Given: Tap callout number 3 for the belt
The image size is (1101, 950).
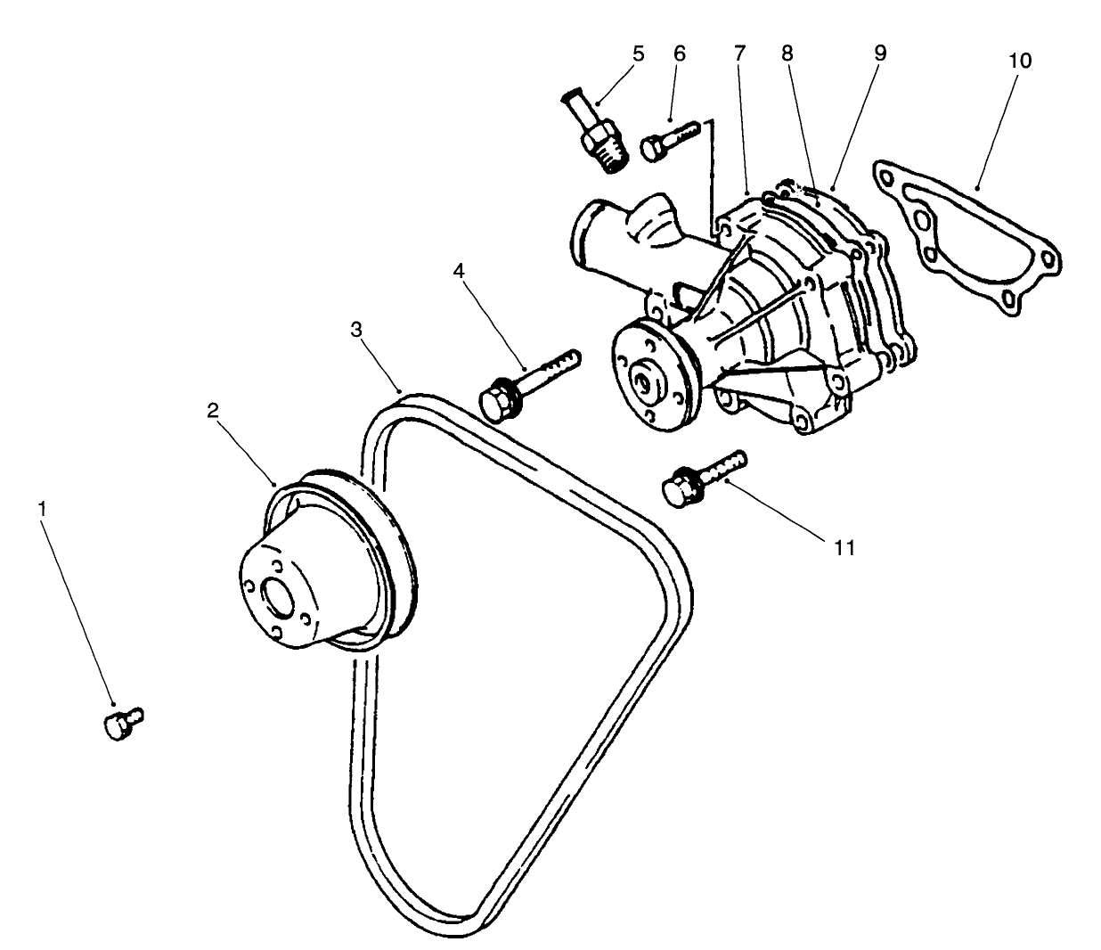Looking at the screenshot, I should (356, 329).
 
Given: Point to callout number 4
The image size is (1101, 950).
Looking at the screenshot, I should (458, 268).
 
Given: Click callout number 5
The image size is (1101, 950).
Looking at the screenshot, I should (638, 53).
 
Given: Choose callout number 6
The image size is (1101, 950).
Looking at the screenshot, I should (680, 53).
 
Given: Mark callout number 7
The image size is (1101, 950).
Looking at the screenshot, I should (739, 53).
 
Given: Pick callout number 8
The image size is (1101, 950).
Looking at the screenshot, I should (786, 53).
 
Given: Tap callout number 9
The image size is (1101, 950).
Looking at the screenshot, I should (879, 53).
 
